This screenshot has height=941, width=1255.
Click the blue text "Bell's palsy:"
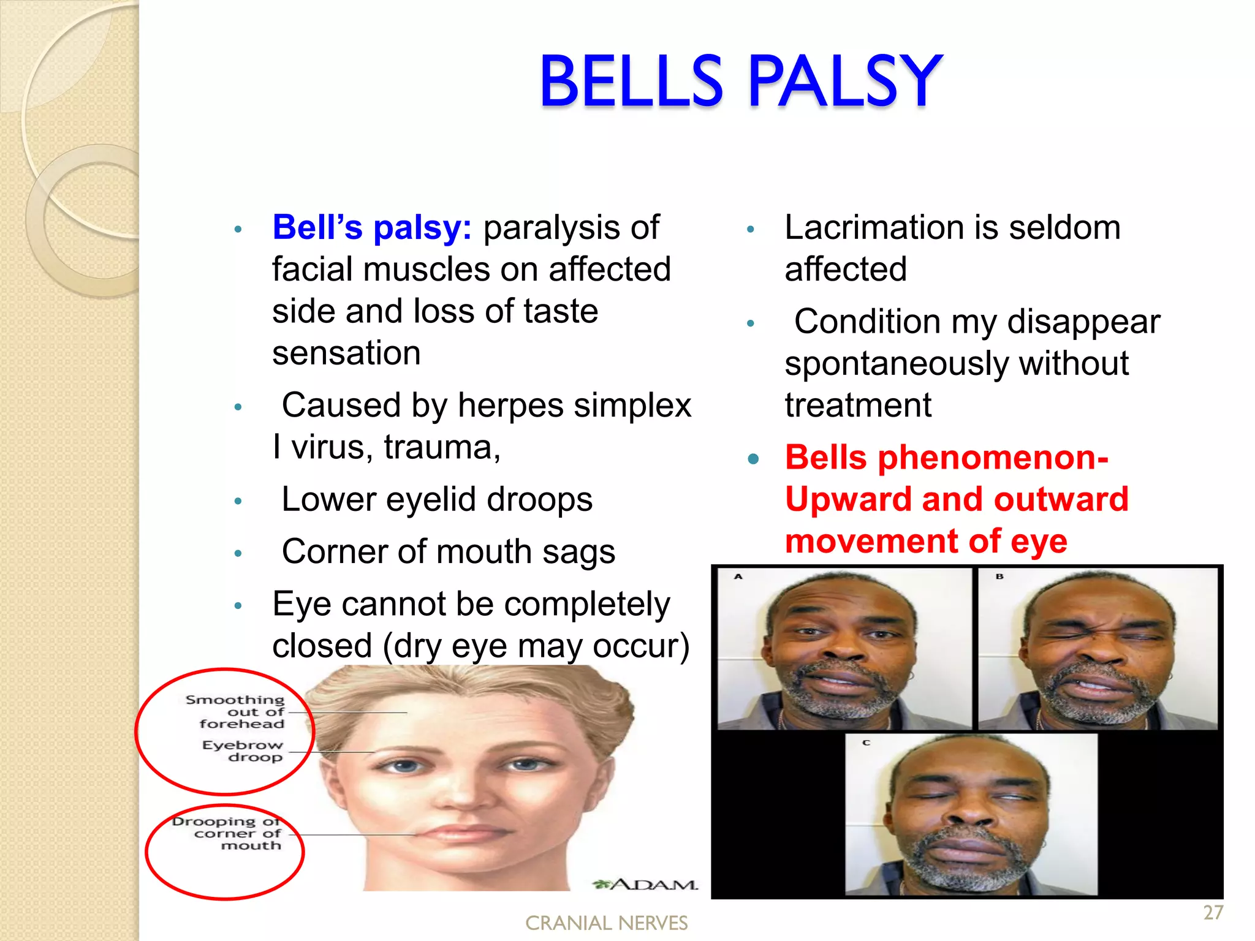(x=371, y=227)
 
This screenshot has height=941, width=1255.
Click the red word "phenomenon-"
(x=993, y=458)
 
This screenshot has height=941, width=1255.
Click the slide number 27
(x=1213, y=913)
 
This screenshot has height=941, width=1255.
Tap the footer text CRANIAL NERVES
(x=606, y=923)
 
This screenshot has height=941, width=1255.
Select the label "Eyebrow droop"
(x=243, y=751)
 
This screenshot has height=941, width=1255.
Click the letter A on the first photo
(x=738, y=576)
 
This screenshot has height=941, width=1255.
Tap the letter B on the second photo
(x=999, y=576)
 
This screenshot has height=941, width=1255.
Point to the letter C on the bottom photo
(x=866, y=743)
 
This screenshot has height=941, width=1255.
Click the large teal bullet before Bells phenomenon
(x=753, y=458)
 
